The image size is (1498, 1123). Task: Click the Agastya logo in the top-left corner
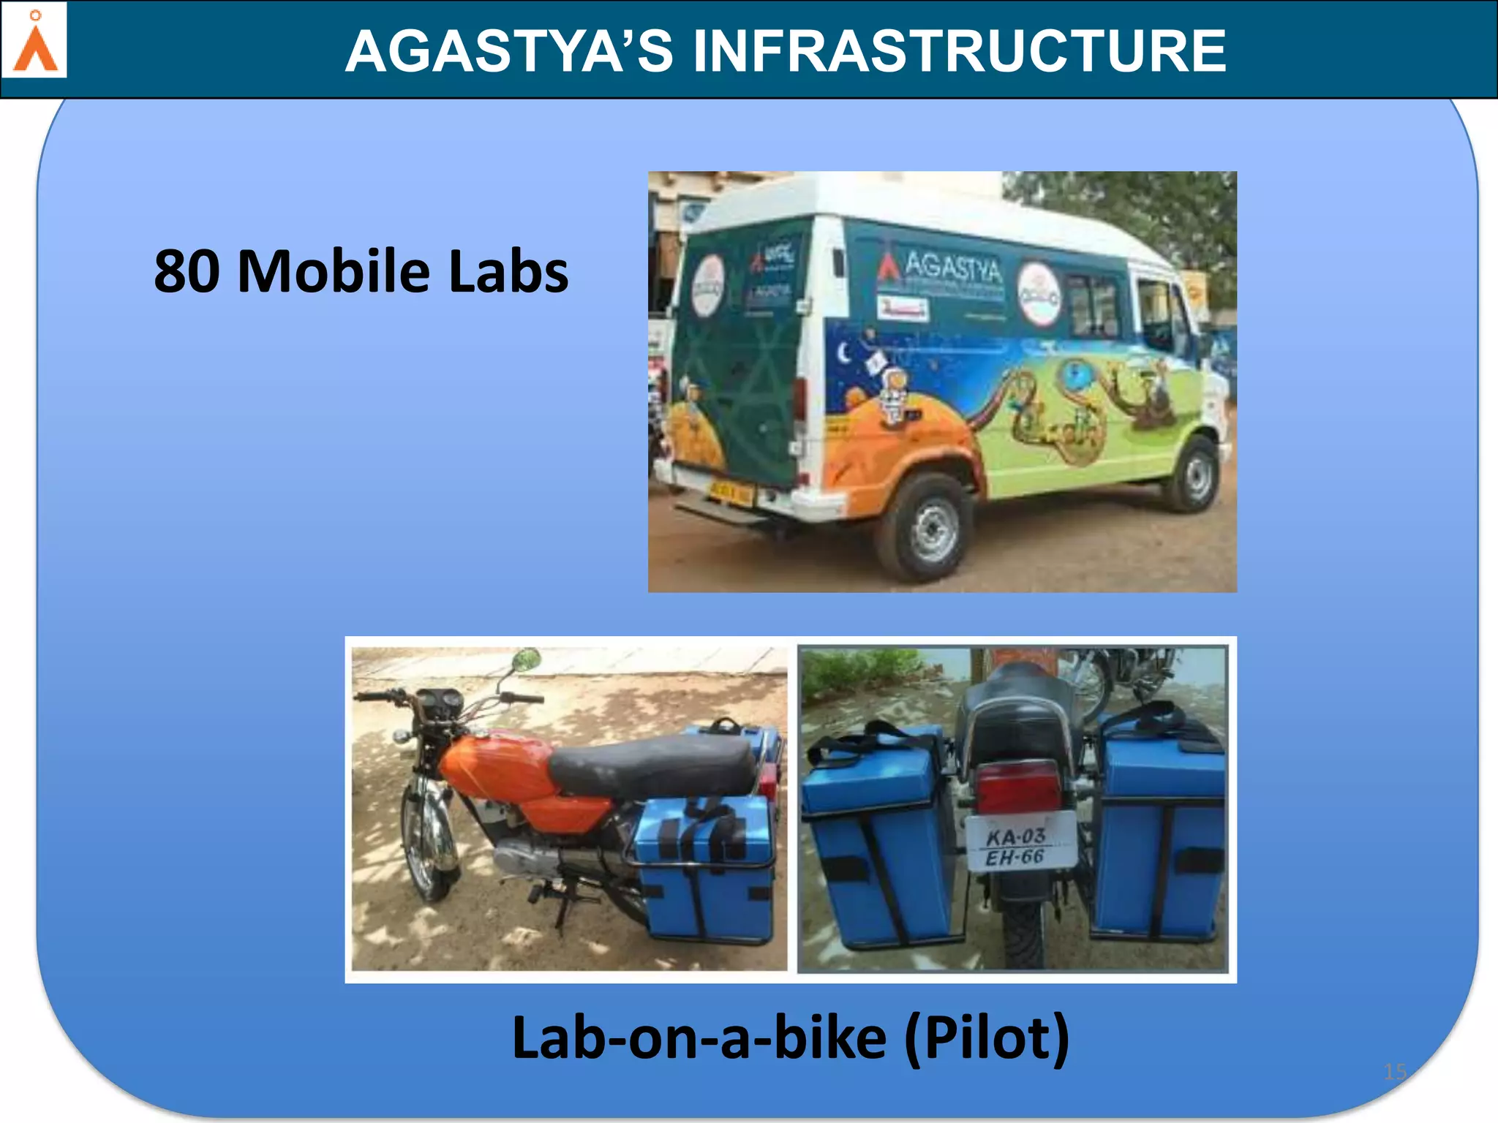(34, 40)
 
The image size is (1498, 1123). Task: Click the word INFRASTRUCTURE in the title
(959, 51)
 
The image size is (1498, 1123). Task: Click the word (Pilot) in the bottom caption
(987, 1037)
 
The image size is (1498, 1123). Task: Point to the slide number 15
(1395, 1072)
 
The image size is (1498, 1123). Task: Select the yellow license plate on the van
(730, 492)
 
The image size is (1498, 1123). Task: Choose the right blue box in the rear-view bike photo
(1159, 841)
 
